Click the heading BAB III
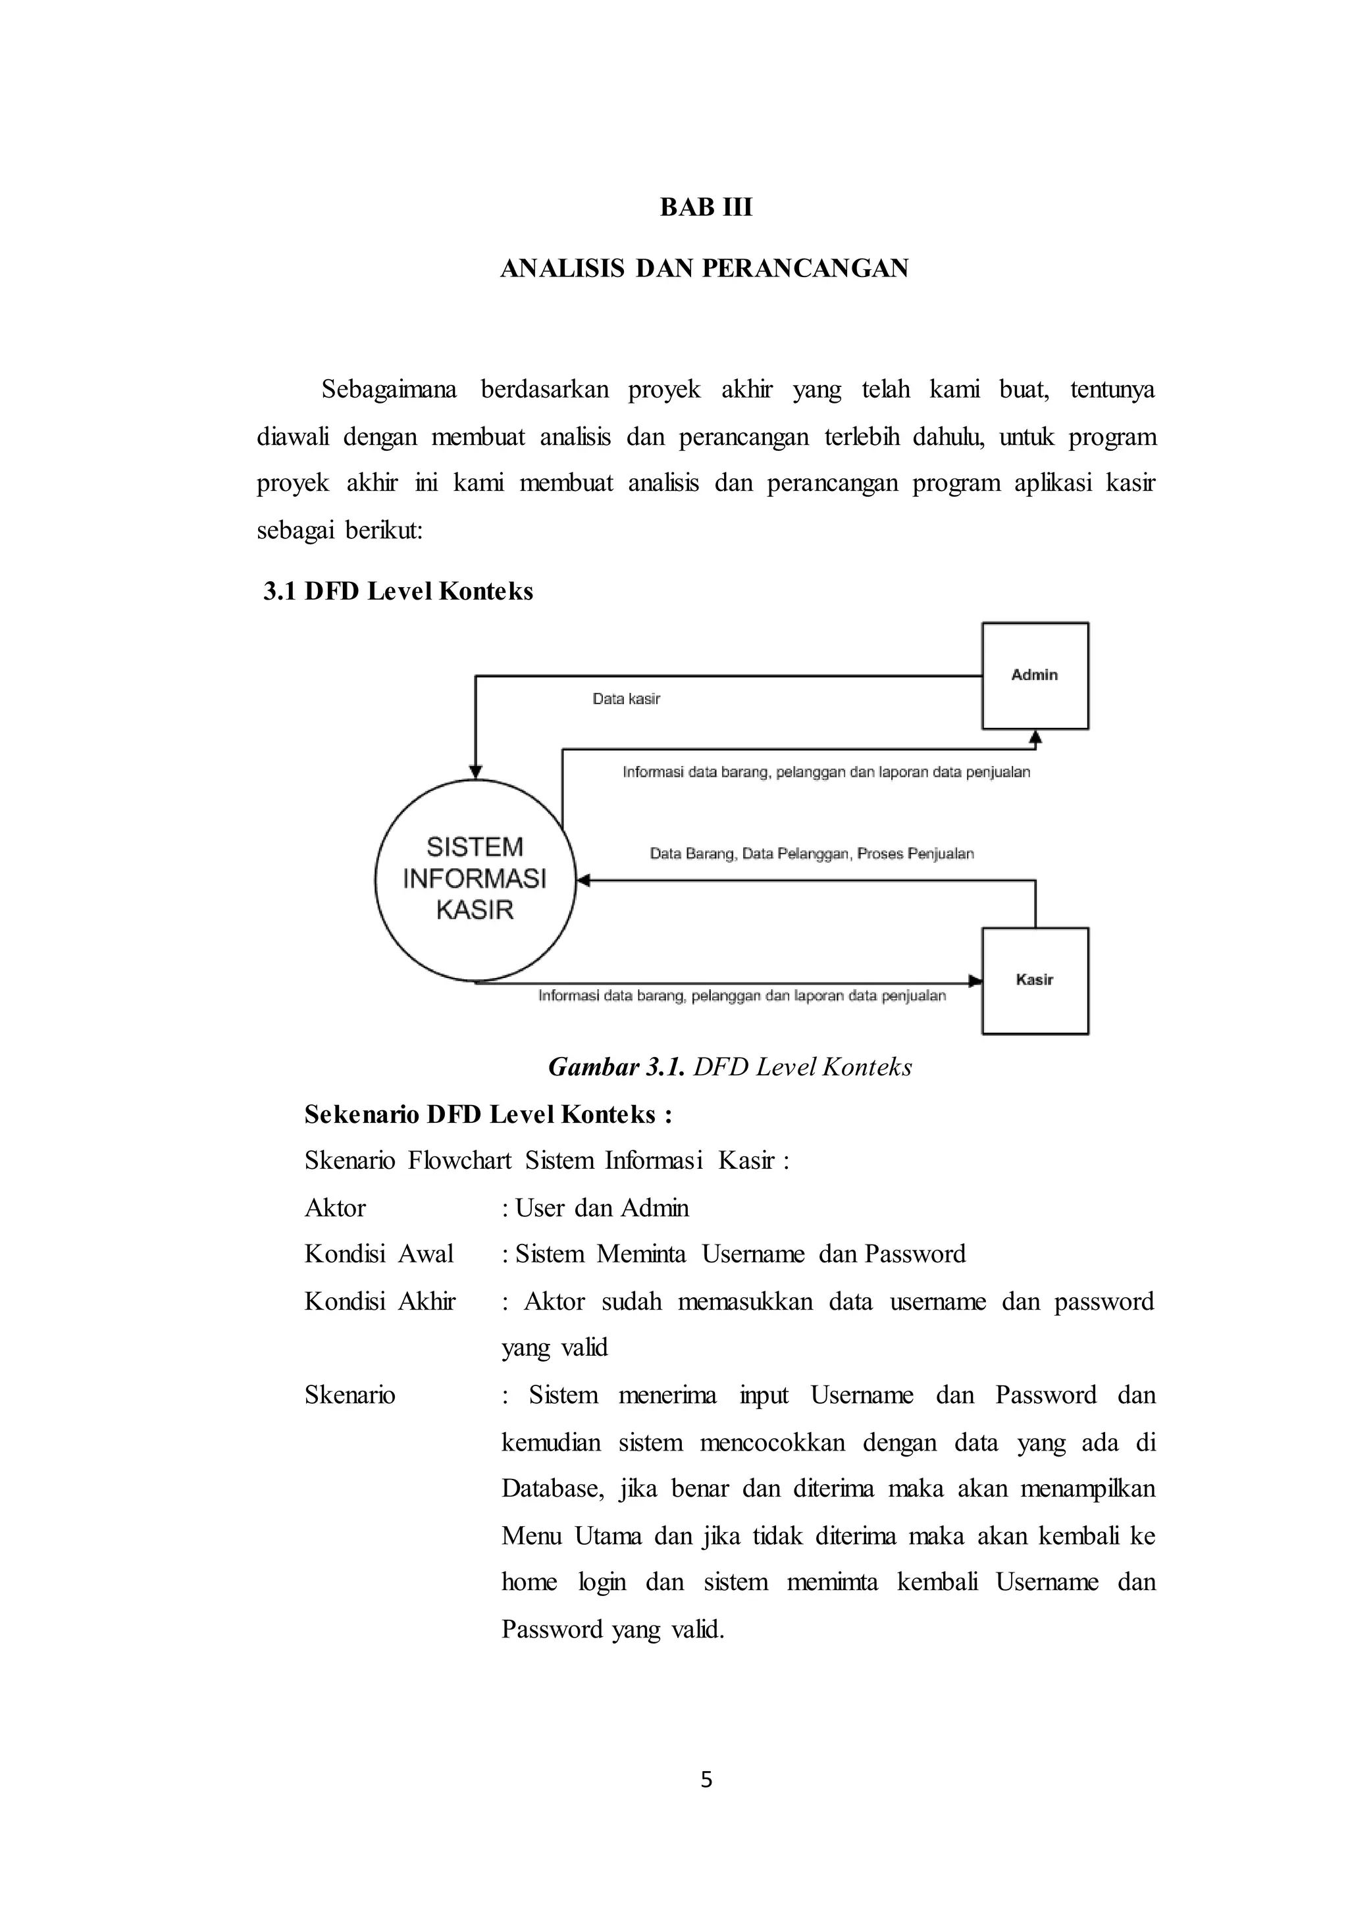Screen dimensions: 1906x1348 point(706,207)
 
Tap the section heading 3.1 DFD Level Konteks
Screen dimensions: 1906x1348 point(398,591)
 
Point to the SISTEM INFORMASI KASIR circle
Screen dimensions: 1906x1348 point(475,879)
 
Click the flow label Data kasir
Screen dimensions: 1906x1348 point(626,699)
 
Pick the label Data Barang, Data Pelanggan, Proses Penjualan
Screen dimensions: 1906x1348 point(811,854)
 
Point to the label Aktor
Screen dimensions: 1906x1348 point(334,1208)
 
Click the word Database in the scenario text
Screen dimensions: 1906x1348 point(551,1489)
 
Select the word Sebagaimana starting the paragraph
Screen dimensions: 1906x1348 point(388,390)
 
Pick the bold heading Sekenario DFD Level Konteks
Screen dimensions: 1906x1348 point(487,1114)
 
